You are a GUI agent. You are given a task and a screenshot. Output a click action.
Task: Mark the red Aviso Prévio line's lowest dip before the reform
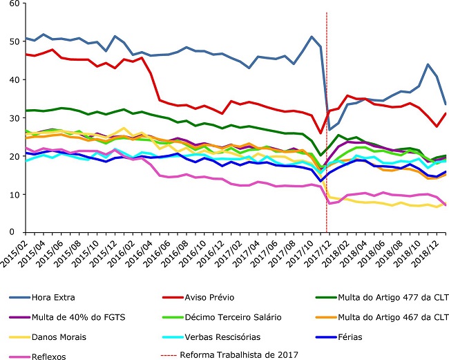321,133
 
